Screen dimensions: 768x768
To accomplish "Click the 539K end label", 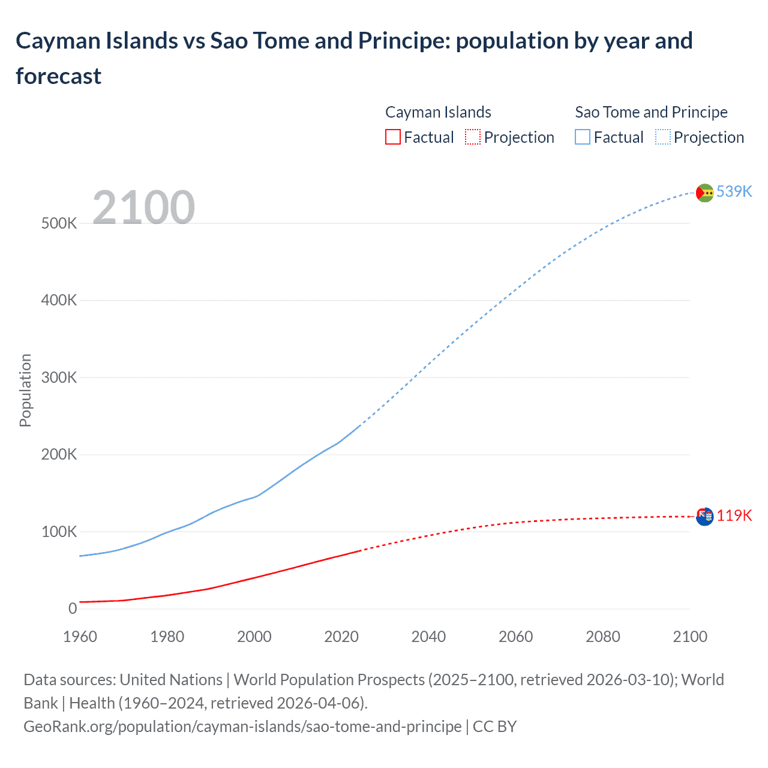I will click(734, 191).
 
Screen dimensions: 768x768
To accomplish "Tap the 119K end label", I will click(734, 515).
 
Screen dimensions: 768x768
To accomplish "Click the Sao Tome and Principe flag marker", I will click(704, 193).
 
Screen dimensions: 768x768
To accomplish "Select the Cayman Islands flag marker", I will click(704, 516).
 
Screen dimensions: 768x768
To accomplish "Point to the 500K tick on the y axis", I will click(59, 223).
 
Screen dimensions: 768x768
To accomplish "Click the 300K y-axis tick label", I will click(59, 377).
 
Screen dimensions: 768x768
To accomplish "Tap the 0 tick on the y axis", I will click(73, 608).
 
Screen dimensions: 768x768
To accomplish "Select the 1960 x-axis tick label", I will click(80, 637).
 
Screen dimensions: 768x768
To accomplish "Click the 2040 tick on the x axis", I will click(428, 637).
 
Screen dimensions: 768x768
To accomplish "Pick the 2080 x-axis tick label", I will click(602, 637).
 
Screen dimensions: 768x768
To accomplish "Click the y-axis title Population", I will click(25, 390).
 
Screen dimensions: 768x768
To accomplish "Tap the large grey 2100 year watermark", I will click(143, 208).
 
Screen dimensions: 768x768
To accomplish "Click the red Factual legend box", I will click(392, 137).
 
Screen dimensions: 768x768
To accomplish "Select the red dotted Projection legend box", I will click(473, 137).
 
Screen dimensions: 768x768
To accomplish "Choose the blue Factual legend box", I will click(583, 137).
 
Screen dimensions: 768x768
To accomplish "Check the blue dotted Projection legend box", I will click(663, 137).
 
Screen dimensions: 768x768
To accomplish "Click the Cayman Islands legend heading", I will click(438, 112).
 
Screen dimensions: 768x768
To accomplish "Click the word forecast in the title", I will click(58, 76).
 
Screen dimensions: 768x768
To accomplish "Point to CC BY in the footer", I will click(494, 726).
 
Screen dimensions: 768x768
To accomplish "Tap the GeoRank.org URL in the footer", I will click(242, 726).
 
